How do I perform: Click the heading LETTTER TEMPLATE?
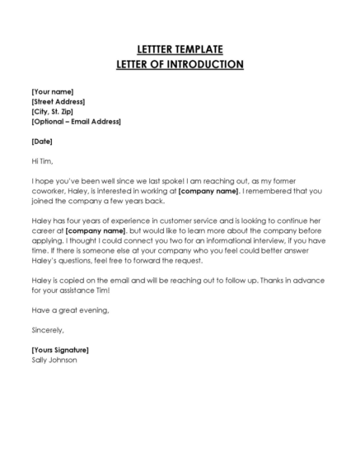tap(180, 49)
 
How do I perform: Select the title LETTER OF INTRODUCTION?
tap(180, 64)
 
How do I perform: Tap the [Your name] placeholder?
tap(52, 91)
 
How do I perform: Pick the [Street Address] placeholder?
tap(58, 101)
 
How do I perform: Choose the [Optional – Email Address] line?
tap(76, 122)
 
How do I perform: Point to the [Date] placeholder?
tap(42, 142)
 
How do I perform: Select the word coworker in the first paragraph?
tap(49, 191)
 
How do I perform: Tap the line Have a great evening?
tap(70, 310)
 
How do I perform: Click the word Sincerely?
tap(47, 330)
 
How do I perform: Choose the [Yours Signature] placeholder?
tap(59, 350)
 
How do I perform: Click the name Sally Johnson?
tap(54, 360)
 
